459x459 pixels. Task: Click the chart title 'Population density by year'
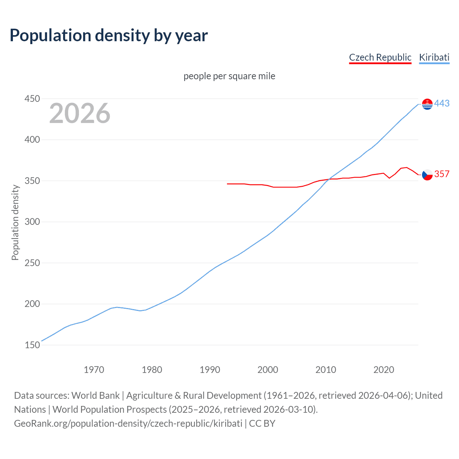pyautogui.click(x=109, y=36)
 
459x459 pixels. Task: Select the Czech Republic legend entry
pyautogui.click(x=380, y=57)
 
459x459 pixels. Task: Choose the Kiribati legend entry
pyautogui.click(x=434, y=57)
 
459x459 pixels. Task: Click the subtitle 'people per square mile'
pyautogui.click(x=229, y=76)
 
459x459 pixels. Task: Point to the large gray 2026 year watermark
pyautogui.click(x=80, y=113)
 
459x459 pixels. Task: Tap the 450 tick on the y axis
pyautogui.click(x=32, y=99)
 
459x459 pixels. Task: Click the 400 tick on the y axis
pyautogui.click(x=32, y=139)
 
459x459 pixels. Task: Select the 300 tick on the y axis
pyautogui.click(x=32, y=222)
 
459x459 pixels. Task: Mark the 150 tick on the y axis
pyautogui.click(x=32, y=345)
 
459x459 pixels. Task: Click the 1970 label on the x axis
pyautogui.click(x=94, y=370)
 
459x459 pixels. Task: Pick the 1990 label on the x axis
pyautogui.click(x=210, y=370)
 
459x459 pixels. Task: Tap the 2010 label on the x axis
pyautogui.click(x=326, y=370)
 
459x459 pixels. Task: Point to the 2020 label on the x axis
pyautogui.click(x=384, y=370)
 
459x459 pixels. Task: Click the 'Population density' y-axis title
pyautogui.click(x=15, y=222)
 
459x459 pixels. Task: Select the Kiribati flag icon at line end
pyautogui.click(x=427, y=104)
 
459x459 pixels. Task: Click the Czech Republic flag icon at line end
pyautogui.click(x=427, y=175)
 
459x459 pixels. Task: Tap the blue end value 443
pyautogui.click(x=442, y=104)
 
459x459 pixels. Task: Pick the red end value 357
pyautogui.click(x=442, y=174)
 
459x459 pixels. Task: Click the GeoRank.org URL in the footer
pyautogui.click(x=128, y=423)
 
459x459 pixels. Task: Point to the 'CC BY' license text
pyautogui.click(x=262, y=423)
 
